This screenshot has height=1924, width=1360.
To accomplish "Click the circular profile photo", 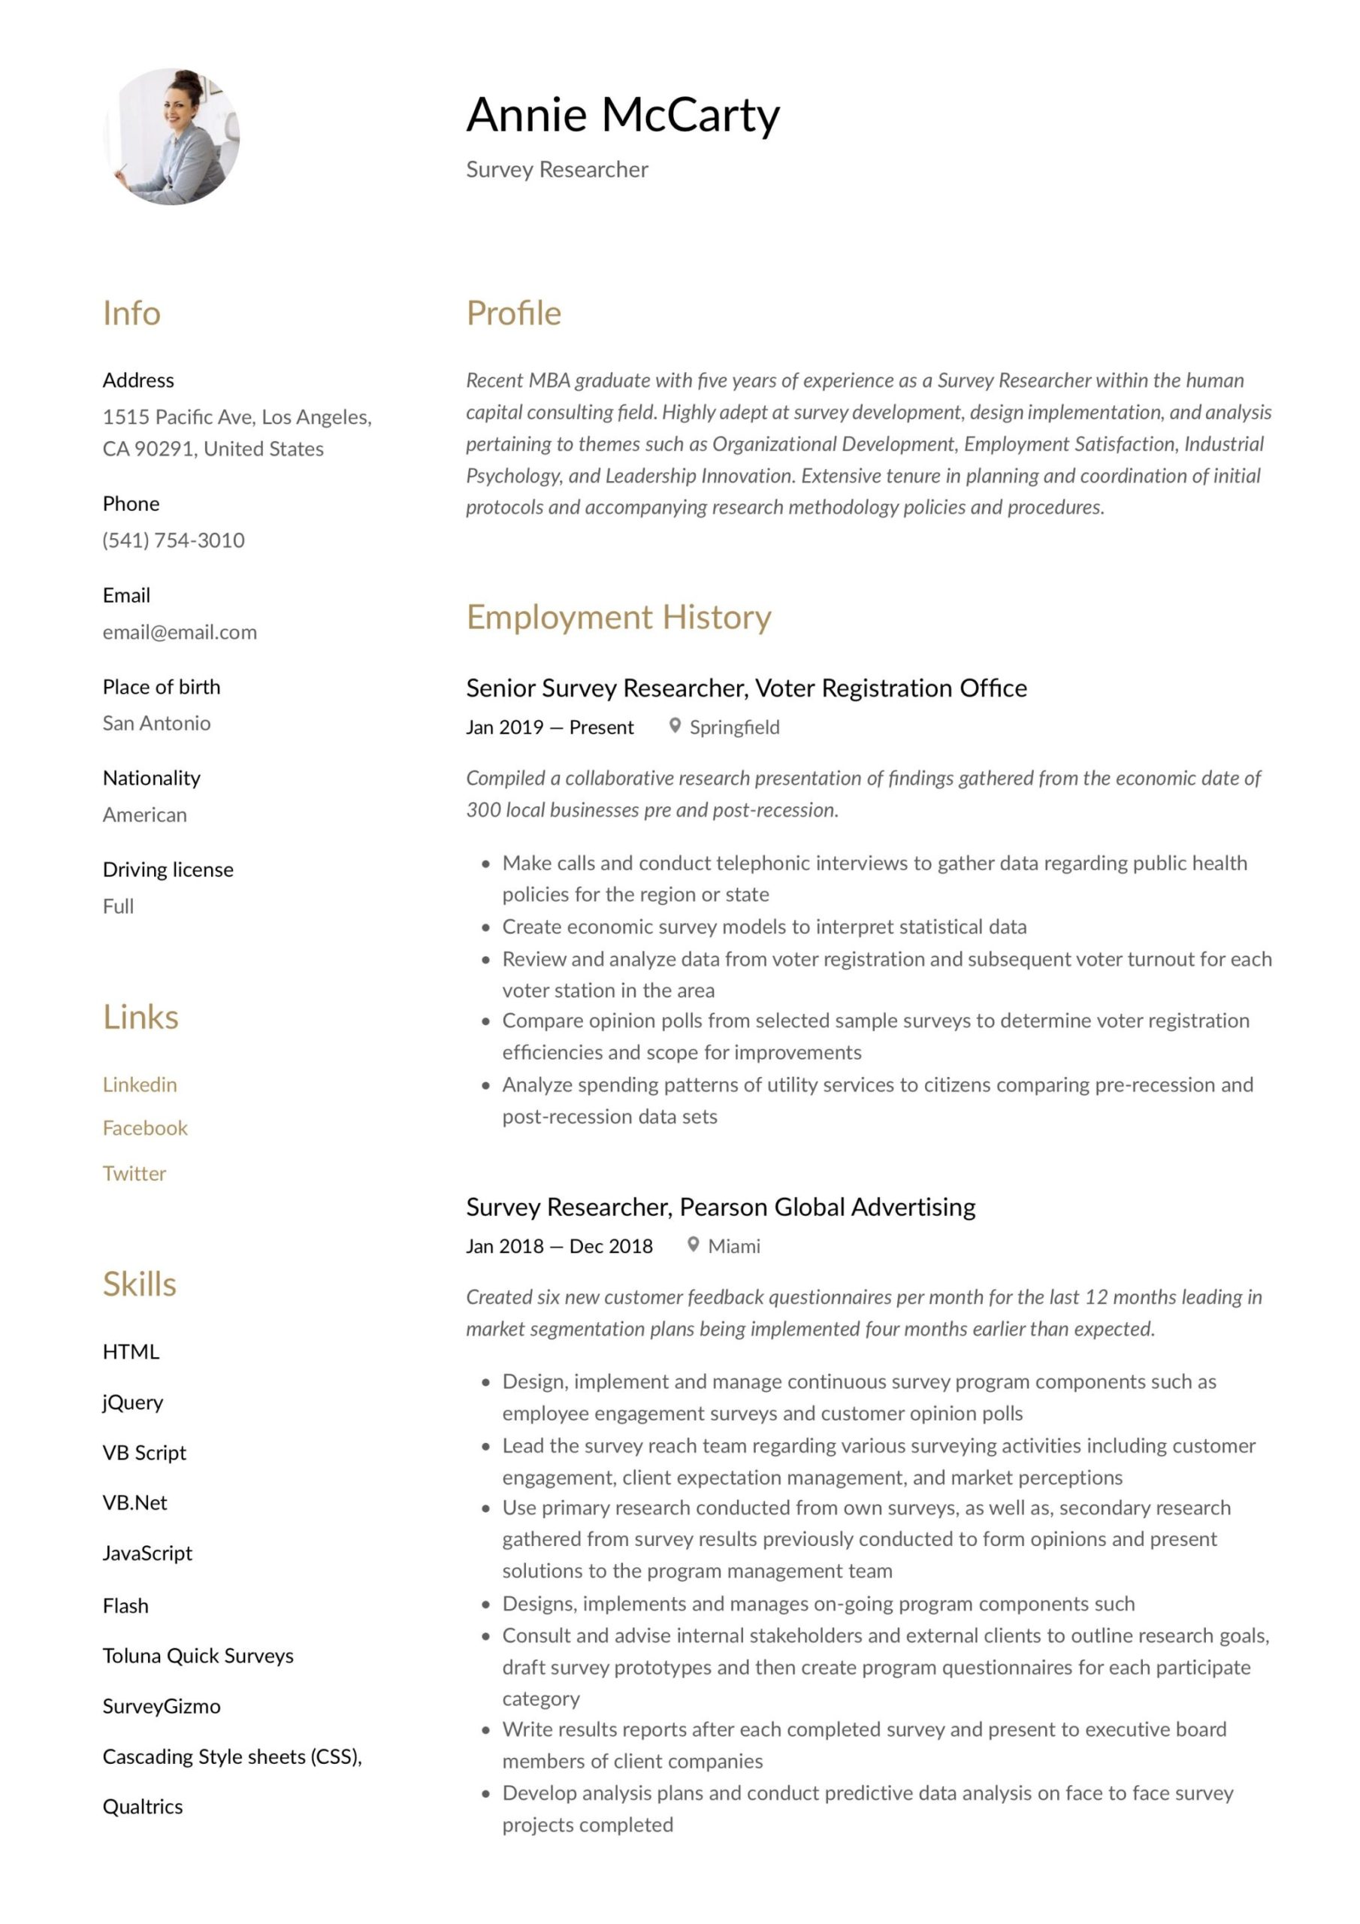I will click(172, 137).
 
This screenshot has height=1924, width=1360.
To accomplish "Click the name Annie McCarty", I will click(623, 115).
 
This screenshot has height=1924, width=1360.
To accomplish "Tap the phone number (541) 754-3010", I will click(174, 540).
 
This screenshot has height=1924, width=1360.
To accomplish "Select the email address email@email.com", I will click(180, 632).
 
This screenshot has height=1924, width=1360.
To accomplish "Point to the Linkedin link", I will click(140, 1085).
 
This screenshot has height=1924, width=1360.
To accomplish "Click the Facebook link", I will click(145, 1128).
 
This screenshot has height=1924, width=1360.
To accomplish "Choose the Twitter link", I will click(134, 1173).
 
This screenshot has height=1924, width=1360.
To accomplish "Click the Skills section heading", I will click(139, 1284).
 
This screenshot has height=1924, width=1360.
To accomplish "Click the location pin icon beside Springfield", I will click(675, 726).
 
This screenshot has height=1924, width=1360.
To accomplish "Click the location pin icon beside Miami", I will click(693, 1245).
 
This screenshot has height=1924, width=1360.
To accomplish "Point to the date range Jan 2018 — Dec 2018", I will click(559, 1246).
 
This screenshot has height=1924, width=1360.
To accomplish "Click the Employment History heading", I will click(618, 617).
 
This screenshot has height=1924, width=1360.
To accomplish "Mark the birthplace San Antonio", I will click(157, 723).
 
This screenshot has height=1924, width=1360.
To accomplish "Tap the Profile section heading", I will click(514, 313).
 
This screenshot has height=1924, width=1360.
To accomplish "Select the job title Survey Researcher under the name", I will click(557, 170).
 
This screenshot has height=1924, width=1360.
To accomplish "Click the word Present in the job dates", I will click(601, 728).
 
